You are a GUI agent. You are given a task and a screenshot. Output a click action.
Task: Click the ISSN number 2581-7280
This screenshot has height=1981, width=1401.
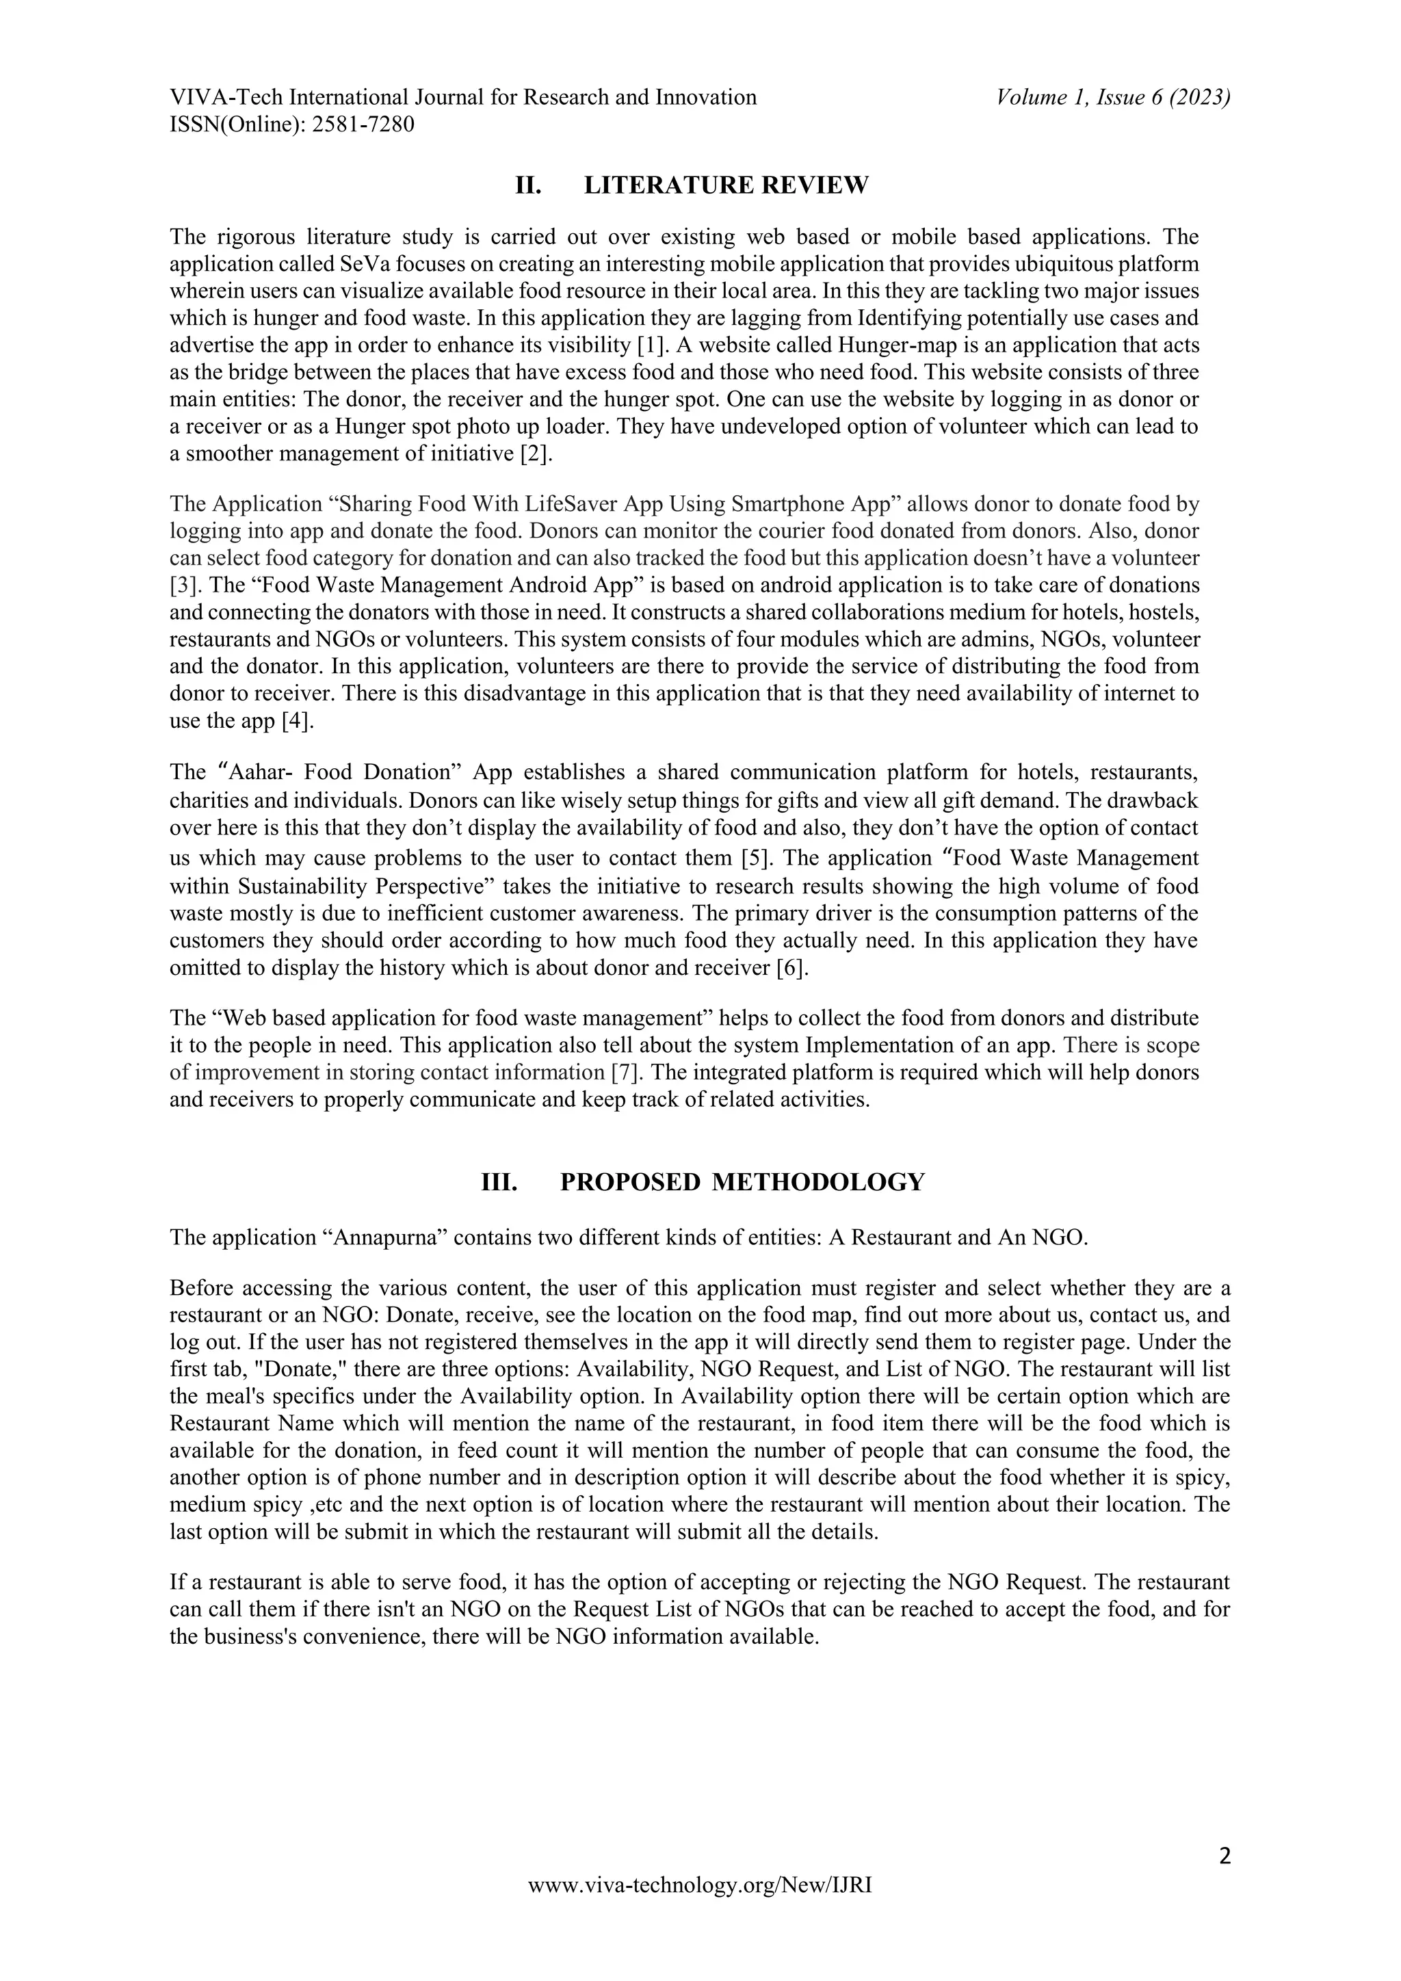pyautogui.click(x=363, y=125)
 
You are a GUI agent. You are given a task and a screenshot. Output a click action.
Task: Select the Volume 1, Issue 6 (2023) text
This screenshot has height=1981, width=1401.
pyautogui.click(x=1113, y=98)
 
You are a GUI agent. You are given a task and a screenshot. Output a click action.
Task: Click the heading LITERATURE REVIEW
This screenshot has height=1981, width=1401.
pyautogui.click(x=726, y=185)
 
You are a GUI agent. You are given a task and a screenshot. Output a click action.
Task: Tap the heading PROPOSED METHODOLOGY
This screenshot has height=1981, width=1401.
pyautogui.click(x=742, y=1182)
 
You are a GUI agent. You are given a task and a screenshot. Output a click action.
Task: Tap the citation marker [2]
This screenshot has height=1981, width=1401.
pyautogui.click(x=535, y=454)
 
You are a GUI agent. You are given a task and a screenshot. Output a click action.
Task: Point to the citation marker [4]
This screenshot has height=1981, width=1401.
pyautogui.click(x=297, y=721)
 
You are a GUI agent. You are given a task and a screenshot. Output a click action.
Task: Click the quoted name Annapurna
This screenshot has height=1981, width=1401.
pyautogui.click(x=384, y=1238)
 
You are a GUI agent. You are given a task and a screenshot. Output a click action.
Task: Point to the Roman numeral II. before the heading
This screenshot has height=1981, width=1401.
pyautogui.click(x=528, y=185)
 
